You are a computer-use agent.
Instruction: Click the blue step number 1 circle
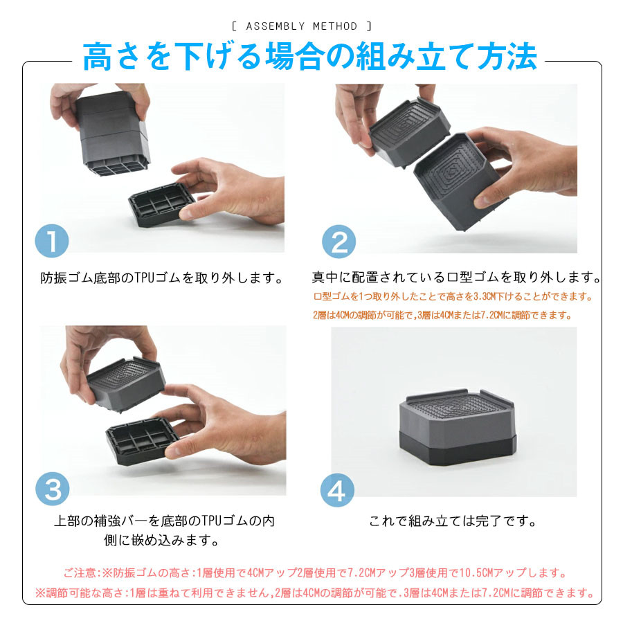(52, 241)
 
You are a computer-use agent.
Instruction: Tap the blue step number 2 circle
(339, 241)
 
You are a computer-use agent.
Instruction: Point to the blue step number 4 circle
(337, 490)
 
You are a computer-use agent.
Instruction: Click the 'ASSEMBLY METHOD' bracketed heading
(302, 26)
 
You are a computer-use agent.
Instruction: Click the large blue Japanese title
(310, 57)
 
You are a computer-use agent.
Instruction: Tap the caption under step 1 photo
(162, 278)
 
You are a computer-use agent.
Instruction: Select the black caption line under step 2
(456, 278)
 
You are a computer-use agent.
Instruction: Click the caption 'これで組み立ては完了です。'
(453, 521)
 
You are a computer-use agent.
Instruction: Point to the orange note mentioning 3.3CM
(453, 296)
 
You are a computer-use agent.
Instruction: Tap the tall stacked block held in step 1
(112, 133)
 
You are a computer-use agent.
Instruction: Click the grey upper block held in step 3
(126, 384)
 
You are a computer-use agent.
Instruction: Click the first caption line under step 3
(164, 521)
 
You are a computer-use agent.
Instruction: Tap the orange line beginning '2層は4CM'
(442, 316)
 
